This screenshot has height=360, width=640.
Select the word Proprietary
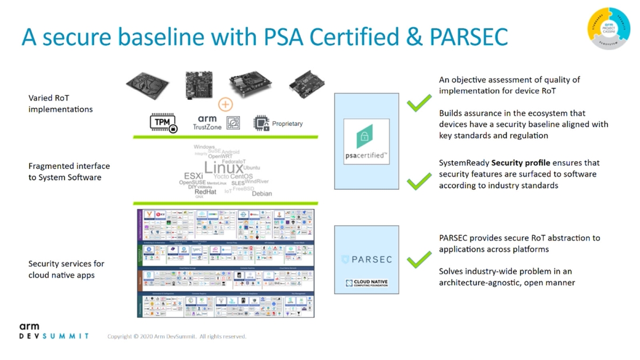pyautogui.click(x=287, y=124)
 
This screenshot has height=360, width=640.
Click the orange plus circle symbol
pyautogui.click(x=226, y=105)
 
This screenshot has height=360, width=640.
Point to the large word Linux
pyautogui.click(x=223, y=167)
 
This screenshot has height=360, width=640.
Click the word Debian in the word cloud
pyautogui.click(x=261, y=194)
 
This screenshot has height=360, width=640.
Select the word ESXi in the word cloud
pyautogui.click(x=193, y=176)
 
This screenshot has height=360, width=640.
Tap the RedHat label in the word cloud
pyautogui.click(x=205, y=192)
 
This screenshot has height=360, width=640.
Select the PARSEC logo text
pyautogui.click(x=366, y=260)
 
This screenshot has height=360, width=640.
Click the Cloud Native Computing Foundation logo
pyautogui.click(x=366, y=284)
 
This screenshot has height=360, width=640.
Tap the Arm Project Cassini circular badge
pyautogui.click(x=609, y=28)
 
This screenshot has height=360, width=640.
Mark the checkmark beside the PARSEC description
pyautogui.click(x=419, y=260)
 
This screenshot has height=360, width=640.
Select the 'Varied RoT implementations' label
pyautogui.click(x=60, y=103)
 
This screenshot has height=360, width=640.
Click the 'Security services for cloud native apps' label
pyautogui.click(x=66, y=269)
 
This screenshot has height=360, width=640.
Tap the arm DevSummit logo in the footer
pyautogui.click(x=53, y=331)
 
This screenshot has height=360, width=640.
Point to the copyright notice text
pyautogui.click(x=177, y=337)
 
